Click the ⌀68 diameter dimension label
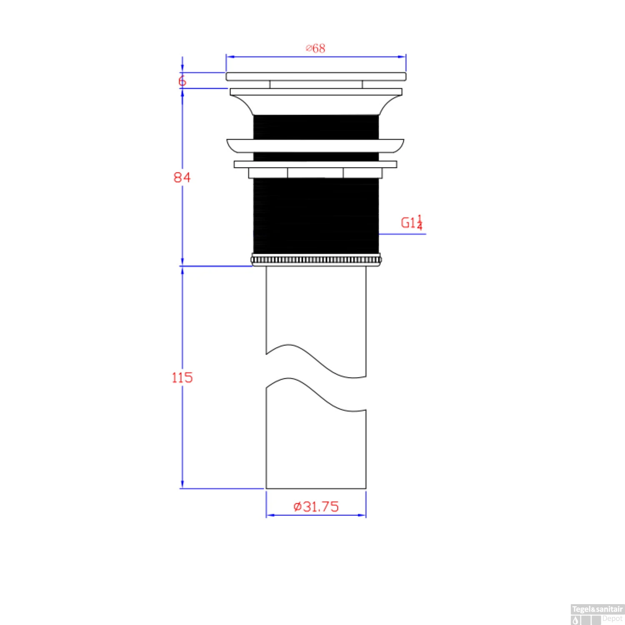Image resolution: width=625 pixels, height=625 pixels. click(315, 48)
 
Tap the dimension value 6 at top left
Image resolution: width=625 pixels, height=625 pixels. click(182, 81)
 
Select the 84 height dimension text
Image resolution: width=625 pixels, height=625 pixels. click(182, 177)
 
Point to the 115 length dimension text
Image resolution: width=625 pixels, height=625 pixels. click(182, 377)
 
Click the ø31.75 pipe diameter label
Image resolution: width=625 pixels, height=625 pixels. click(316, 507)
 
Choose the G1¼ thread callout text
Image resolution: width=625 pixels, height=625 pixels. click(412, 222)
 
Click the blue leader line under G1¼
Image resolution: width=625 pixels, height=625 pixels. click(402, 234)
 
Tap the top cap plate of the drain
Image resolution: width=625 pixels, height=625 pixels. click(316, 76)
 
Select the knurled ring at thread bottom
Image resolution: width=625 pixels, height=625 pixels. click(316, 260)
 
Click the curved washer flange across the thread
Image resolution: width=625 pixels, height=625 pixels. click(315, 145)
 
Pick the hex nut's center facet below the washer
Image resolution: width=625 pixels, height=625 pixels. click(315, 172)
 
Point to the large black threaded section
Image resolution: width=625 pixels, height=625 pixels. click(316, 215)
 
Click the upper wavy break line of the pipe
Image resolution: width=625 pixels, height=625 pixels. click(315, 361)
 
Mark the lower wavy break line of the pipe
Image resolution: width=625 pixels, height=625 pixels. click(315, 394)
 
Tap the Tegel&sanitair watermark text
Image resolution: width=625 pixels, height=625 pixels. click(597, 609)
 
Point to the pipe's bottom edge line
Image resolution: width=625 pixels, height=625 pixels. click(316, 488)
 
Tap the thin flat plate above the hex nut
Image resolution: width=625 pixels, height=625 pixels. click(315, 164)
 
